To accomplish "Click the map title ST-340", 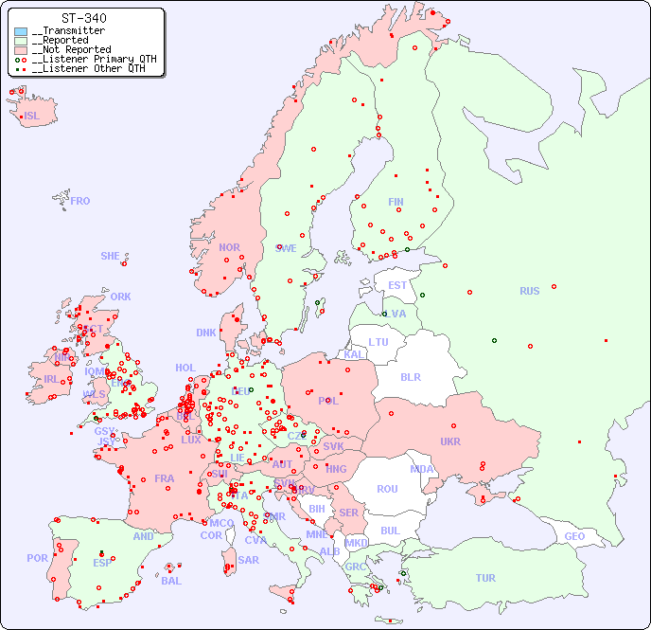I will (x=83, y=18).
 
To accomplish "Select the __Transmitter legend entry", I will (x=67, y=30).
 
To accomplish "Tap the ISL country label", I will (x=32, y=116).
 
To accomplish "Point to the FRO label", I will (x=80, y=201).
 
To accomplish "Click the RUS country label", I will (x=529, y=291).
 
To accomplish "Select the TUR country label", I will (x=485, y=578).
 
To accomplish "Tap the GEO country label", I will (x=574, y=536).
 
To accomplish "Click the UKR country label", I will (x=450, y=441).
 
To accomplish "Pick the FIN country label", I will (x=396, y=202).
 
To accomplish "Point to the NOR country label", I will (x=229, y=247).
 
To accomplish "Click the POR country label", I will (x=37, y=558).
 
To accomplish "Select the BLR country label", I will (x=411, y=376).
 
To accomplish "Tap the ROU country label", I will (x=387, y=489).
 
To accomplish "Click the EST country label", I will (x=397, y=285).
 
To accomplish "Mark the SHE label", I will (x=111, y=256).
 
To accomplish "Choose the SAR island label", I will (x=248, y=560).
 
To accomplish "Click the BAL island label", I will (x=170, y=581).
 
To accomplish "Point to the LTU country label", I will (x=378, y=342).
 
